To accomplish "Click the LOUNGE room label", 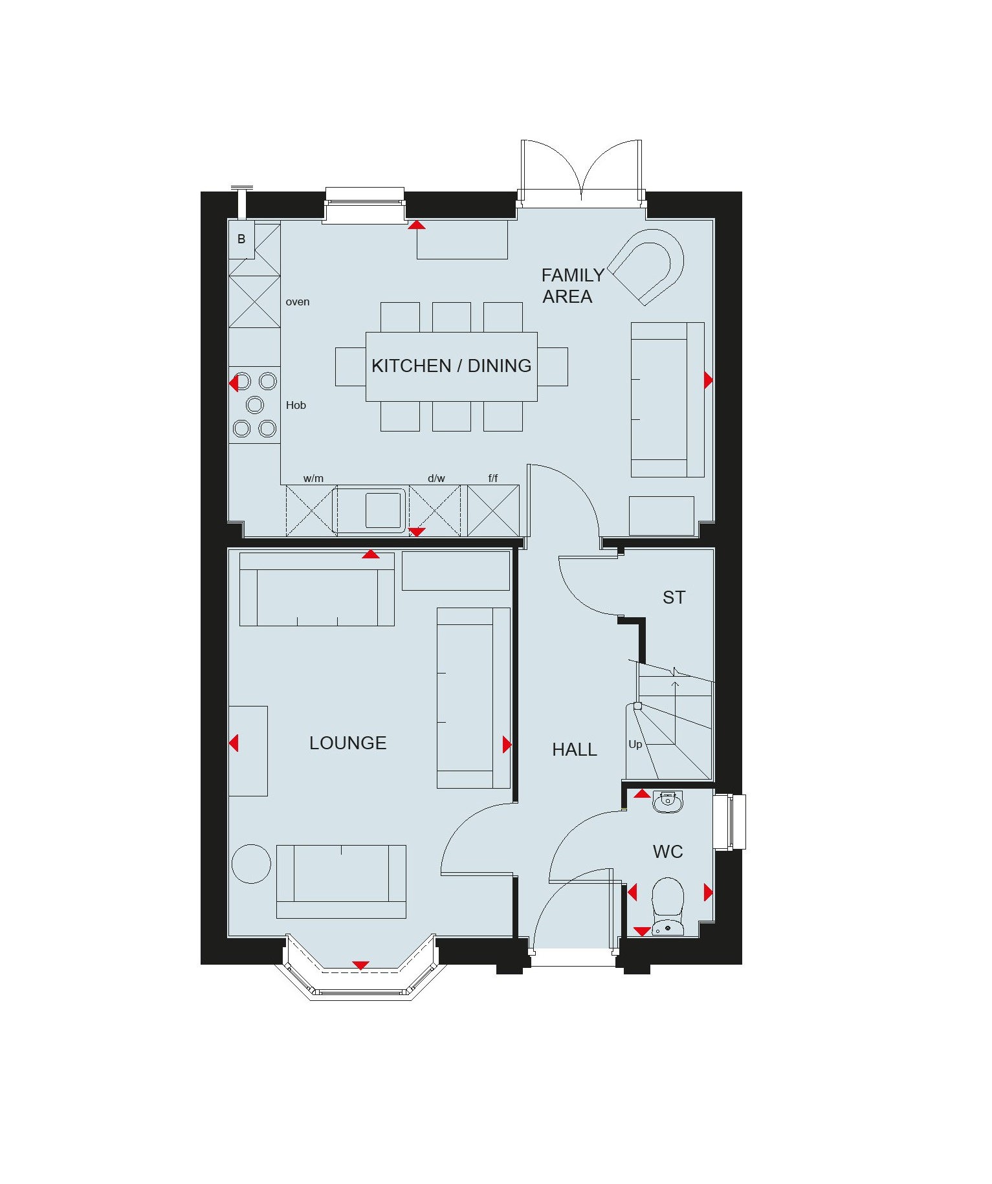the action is tap(348, 743).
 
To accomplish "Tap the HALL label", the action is tap(575, 749).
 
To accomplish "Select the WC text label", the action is tap(668, 851).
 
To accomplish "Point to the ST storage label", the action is tap(674, 597).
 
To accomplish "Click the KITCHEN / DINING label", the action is tap(451, 366).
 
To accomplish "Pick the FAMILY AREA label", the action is tap(573, 285).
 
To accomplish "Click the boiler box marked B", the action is tap(241, 239).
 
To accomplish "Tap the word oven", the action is tap(298, 301).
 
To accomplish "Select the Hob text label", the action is tap(296, 405).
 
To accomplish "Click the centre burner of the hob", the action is tap(255, 405).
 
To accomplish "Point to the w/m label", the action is tap(313, 478).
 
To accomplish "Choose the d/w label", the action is tap(436, 478).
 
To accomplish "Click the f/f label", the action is tap(493, 478).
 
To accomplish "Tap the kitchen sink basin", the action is tap(383, 510).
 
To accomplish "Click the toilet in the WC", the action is tap(668, 906).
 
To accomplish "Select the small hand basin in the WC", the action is tap(668, 802).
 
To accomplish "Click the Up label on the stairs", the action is tap(635, 744).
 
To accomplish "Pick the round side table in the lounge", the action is tap(251, 864).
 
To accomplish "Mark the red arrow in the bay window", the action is tap(360, 965).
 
